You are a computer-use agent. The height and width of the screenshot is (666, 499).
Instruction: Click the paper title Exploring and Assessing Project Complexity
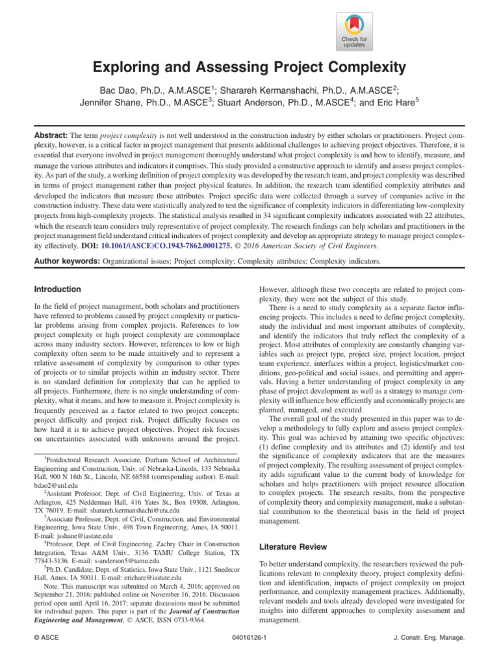(249, 68)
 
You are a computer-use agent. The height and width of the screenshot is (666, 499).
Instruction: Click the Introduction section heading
(58, 289)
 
